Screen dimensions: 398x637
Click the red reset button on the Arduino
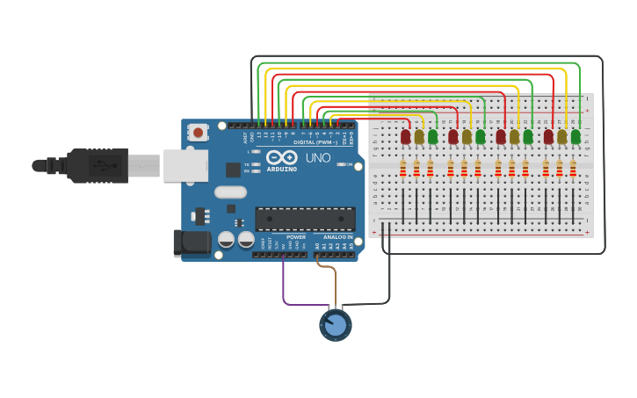(x=199, y=133)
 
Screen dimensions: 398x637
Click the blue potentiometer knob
(x=336, y=325)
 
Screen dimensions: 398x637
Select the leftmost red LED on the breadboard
(x=405, y=136)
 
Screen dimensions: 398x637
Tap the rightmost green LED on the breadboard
(x=575, y=136)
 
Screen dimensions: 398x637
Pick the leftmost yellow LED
(x=419, y=136)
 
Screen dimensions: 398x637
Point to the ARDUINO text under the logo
(x=282, y=169)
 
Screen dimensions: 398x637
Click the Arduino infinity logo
(x=282, y=157)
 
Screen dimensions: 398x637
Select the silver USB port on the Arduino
(x=185, y=165)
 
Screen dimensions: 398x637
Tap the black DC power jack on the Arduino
(x=192, y=242)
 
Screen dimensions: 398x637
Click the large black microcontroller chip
(x=305, y=219)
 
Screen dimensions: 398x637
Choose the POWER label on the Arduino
(x=296, y=237)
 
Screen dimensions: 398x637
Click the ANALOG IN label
(x=338, y=237)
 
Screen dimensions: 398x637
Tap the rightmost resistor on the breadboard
(x=573, y=168)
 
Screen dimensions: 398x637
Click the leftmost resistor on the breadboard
(x=403, y=168)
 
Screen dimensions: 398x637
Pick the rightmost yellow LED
(x=561, y=136)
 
